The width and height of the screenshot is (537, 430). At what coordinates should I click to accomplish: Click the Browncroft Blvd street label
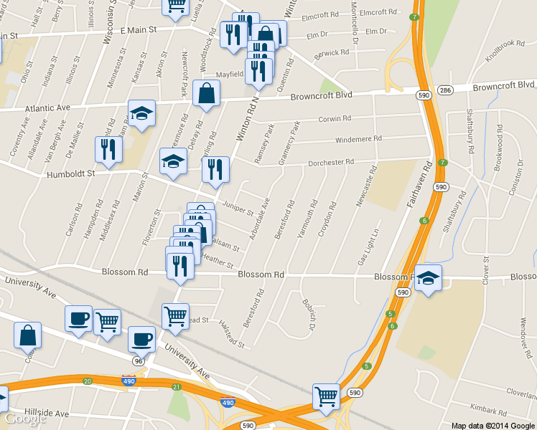coord(321,95)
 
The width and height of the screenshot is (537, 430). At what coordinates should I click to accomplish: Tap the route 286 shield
coord(446,90)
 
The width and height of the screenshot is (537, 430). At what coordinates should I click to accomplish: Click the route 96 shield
coord(138,361)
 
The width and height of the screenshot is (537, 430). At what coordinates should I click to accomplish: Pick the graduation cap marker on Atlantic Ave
coord(141,113)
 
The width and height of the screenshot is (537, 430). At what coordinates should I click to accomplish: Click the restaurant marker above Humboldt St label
coord(108,150)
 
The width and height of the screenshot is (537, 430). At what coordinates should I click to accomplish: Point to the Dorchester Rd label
coord(331,162)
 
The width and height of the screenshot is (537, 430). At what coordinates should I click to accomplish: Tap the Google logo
coord(25,419)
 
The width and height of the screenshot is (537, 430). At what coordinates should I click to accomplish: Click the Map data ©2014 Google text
coord(492,425)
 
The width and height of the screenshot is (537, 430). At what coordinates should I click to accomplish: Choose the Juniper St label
coord(236,208)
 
